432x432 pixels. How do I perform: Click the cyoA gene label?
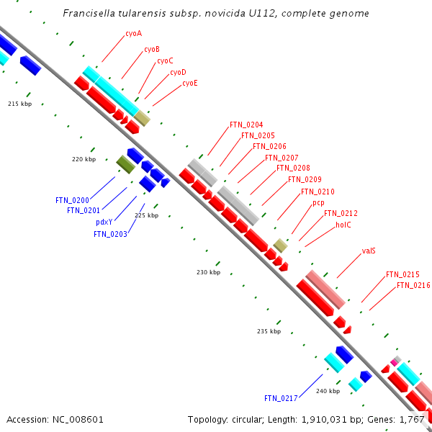coord(133,33)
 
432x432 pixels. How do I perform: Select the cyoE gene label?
coord(189,83)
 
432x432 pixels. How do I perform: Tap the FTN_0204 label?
coord(246,125)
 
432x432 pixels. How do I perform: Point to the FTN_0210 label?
coord(317,192)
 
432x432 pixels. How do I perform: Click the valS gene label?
coord(369,251)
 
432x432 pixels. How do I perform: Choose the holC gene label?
coord(343,225)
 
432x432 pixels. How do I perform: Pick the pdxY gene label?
coord(104,222)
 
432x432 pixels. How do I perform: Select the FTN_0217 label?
coord(280,398)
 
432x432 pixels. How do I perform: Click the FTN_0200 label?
coord(72,199)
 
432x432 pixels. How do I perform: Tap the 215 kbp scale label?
coord(20,104)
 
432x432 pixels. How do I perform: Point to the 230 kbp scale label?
coord(208,272)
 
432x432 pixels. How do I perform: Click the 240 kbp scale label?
coord(328,391)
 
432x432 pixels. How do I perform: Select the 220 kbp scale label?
coord(84,159)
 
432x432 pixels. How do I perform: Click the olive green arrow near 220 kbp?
coord(126,165)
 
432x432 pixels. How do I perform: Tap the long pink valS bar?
coord(325,287)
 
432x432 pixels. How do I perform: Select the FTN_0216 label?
coord(413,286)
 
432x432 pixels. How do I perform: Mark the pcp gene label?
coord(318,203)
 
